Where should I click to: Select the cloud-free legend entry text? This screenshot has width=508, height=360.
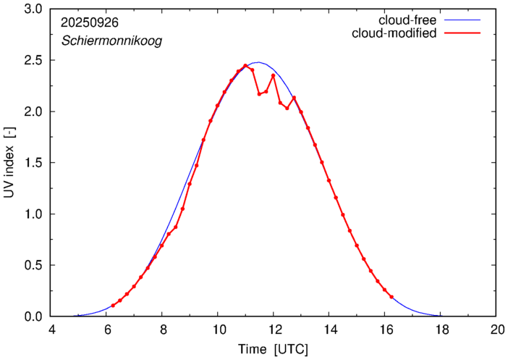pyautogui.click(x=402, y=20)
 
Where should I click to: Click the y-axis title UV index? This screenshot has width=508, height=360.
pyautogui.click(x=10, y=164)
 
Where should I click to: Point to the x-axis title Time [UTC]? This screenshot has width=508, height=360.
pyautogui.click(x=274, y=349)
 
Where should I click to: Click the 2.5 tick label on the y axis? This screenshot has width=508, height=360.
pyautogui.click(x=33, y=60)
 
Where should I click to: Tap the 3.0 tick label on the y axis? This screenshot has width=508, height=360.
pyautogui.click(x=33, y=9)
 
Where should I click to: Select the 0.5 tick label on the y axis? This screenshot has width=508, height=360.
pyautogui.click(x=33, y=265)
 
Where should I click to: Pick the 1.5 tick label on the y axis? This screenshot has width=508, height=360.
pyautogui.click(x=33, y=163)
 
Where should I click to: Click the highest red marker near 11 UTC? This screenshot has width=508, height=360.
pyautogui.click(x=245, y=66)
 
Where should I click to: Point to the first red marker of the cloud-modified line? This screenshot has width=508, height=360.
pyautogui.click(x=113, y=306)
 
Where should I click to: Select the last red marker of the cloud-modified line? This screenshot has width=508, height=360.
pyautogui.click(x=391, y=297)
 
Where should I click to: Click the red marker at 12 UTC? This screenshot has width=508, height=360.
pyautogui.click(x=274, y=75)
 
